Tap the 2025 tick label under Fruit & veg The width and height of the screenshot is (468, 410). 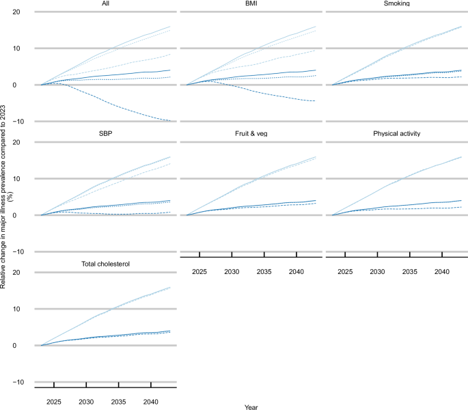[x=199, y=271]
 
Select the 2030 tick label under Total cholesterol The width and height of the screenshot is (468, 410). [x=86, y=402]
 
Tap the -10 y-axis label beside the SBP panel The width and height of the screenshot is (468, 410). [x=23, y=251]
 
